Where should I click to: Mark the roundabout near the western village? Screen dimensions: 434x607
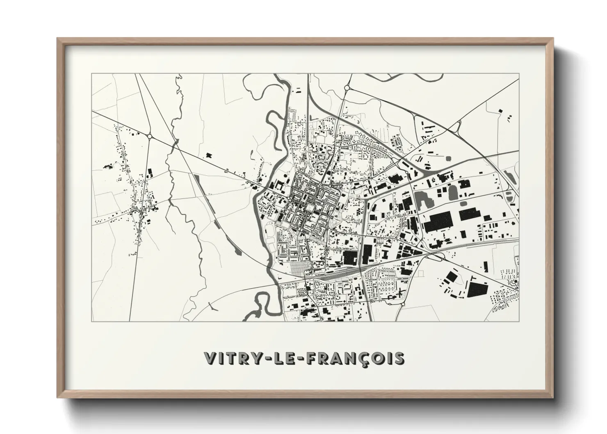[x=150, y=136]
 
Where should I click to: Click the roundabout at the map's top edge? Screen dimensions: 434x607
[x=347, y=87]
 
